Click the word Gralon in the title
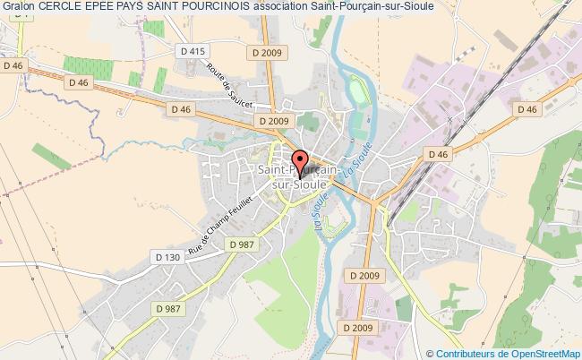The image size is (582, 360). coord(19,8)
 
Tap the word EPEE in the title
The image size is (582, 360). coord(106,8)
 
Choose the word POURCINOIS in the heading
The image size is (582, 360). coord(236,8)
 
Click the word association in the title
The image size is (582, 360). coord(306,8)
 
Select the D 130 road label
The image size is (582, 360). coord(167,258)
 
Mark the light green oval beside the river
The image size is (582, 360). coord(358,91)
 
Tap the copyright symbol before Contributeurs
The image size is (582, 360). coord(429,353)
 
